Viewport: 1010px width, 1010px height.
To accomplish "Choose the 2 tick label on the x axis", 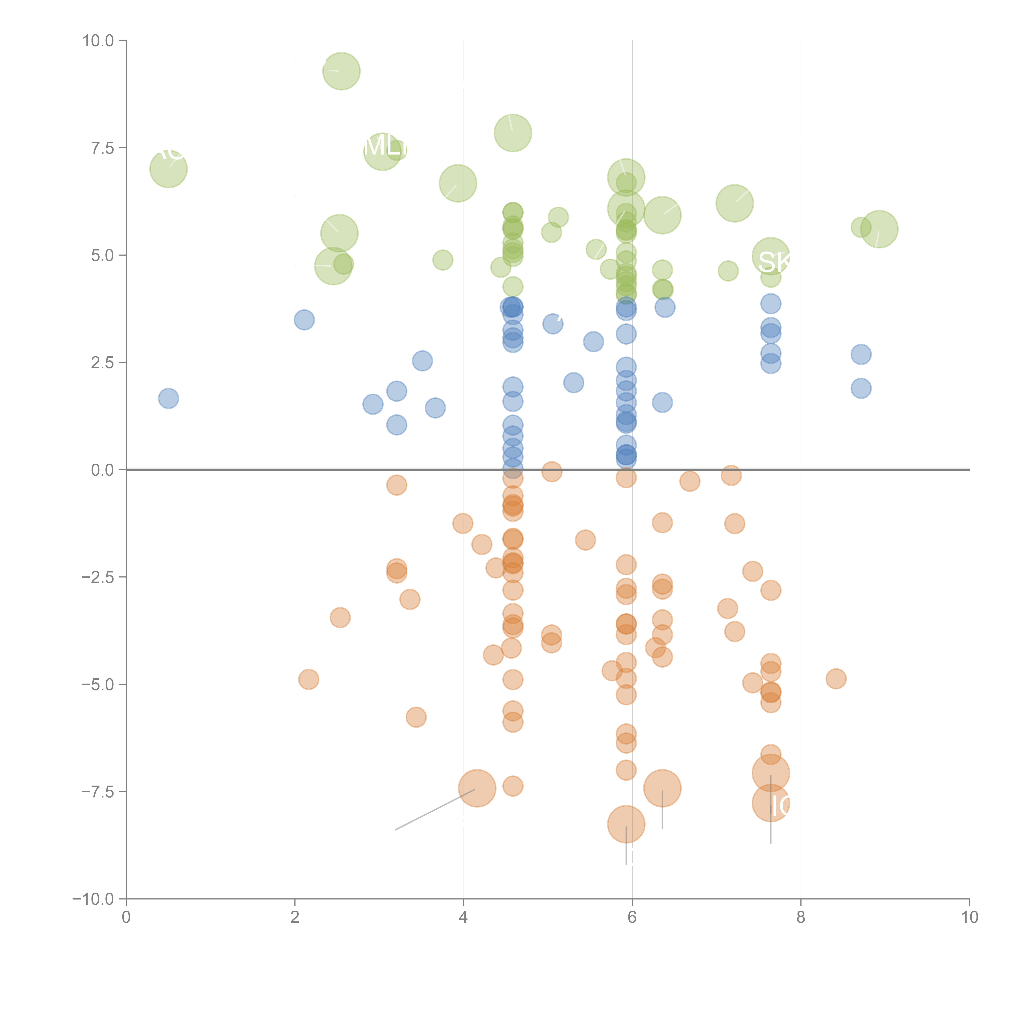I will coord(295,917).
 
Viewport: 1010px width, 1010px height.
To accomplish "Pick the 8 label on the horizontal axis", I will coord(801,917).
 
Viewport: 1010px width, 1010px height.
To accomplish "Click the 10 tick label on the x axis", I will coord(969,917).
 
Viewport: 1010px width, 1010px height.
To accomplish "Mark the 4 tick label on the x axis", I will coord(463,917).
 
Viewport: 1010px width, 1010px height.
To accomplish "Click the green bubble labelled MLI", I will coord(383,152).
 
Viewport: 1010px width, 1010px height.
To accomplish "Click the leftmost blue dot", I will coord(168,398).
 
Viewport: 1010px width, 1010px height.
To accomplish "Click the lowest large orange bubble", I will coord(626,824).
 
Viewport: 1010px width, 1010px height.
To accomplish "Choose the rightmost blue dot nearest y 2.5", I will coord(861,355).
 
